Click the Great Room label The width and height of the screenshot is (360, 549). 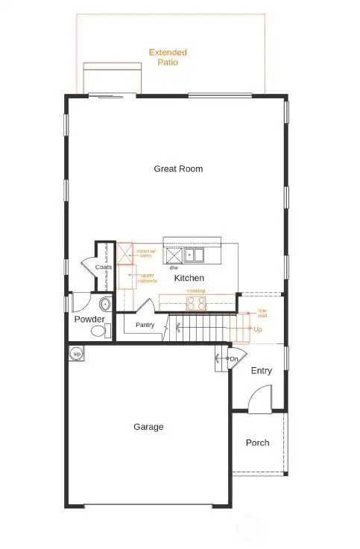pos(178,169)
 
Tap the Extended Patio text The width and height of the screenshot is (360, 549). pos(168,57)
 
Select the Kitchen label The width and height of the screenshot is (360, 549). pos(189,278)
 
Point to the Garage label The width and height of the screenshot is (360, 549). pos(148,427)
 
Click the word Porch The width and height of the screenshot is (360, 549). pos(257,442)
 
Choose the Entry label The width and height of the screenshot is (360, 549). pos(261,371)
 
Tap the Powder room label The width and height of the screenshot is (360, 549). pos(89,320)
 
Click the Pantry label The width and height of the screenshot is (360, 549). pos(145,326)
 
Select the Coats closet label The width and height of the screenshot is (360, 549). pos(104,267)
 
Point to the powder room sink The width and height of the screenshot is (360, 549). pos(105,304)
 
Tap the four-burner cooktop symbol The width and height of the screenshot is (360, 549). pos(196,302)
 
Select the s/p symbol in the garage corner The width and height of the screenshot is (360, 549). pos(76,354)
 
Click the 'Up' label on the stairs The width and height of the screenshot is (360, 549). pos(258,329)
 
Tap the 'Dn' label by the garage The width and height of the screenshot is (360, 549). pos(233,359)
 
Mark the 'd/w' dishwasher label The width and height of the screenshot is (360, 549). pos(173,267)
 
